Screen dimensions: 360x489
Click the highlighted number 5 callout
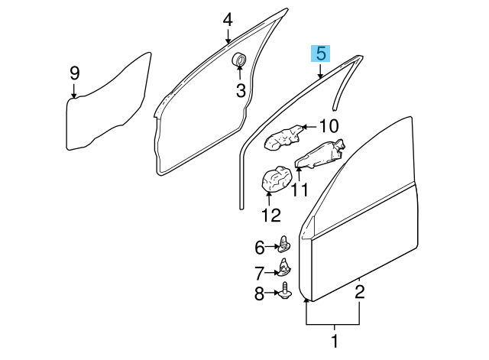[x=321, y=54]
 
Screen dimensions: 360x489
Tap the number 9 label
[x=74, y=73]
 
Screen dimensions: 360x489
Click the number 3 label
[x=239, y=91]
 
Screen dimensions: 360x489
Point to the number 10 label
[x=328, y=126]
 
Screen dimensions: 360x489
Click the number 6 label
[x=259, y=247]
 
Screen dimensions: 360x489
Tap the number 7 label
[x=259, y=271]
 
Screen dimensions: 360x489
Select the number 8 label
[x=259, y=294]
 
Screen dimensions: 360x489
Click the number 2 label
[x=359, y=290]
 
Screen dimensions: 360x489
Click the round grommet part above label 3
[x=239, y=59]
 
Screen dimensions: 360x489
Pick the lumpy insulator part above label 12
[x=275, y=182]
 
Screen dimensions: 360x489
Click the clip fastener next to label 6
[x=285, y=245]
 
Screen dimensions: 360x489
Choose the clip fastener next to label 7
[x=285, y=268]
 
